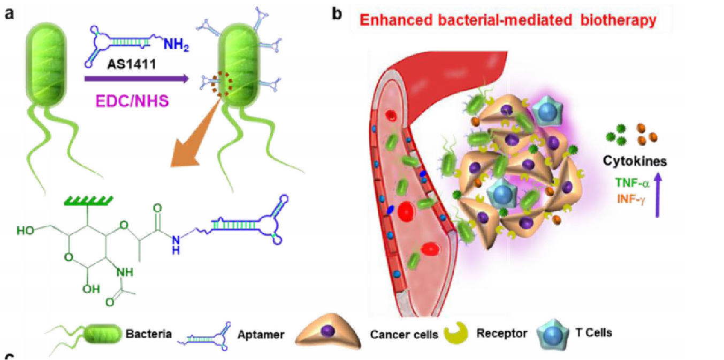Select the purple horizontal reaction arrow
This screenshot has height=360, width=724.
tap(136, 79)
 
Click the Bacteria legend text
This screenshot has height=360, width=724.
tap(148, 334)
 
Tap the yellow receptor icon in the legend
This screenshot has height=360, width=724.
tap(456, 333)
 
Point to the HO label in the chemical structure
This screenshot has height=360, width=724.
tap(25, 231)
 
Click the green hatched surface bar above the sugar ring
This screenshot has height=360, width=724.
tap(88, 201)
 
